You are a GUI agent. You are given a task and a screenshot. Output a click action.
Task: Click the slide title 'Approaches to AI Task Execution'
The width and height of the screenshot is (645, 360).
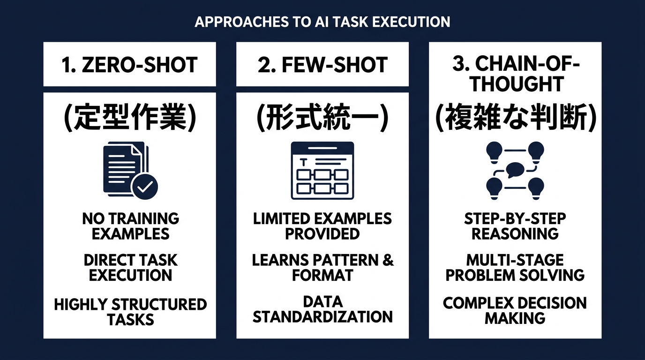[x=322, y=22]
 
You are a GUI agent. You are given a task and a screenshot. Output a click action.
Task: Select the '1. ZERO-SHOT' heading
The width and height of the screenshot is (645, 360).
[x=129, y=65]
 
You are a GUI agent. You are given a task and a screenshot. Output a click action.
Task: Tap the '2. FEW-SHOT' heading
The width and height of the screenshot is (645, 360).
[x=322, y=65]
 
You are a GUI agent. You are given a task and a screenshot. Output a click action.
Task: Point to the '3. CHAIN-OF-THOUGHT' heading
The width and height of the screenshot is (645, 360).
[x=516, y=73]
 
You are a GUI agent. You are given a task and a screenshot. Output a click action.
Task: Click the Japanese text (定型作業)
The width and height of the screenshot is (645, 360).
[x=130, y=118]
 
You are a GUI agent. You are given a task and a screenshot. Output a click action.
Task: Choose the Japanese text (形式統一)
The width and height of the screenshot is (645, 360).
[x=322, y=118]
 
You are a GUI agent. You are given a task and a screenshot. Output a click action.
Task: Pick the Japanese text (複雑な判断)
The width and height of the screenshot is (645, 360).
[x=516, y=118]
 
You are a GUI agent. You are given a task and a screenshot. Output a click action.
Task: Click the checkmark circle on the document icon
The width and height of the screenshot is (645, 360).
[x=144, y=187]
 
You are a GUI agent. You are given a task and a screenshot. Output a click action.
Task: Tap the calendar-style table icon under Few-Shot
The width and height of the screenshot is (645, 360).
[x=322, y=171]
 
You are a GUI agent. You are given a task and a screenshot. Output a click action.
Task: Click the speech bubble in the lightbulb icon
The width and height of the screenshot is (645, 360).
[x=515, y=170]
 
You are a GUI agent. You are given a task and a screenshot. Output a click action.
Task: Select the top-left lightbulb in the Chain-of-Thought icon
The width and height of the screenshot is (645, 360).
[x=494, y=153]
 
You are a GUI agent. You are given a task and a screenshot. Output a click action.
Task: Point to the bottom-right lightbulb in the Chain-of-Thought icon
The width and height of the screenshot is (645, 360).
[x=536, y=188]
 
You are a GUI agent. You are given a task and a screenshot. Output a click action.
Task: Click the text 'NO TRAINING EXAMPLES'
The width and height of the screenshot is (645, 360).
[x=130, y=226]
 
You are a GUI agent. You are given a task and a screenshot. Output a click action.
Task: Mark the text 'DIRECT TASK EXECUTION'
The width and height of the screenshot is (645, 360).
[x=130, y=268]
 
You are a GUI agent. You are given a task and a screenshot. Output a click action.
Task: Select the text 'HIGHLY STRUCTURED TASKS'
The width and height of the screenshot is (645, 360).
[x=130, y=312]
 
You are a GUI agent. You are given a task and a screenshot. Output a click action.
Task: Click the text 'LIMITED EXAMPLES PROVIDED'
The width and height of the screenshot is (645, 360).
[x=322, y=226]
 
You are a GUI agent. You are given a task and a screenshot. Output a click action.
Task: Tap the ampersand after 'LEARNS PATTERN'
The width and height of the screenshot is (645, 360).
[x=388, y=260]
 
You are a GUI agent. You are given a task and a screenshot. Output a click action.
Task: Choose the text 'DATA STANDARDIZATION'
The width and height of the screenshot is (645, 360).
[x=322, y=309]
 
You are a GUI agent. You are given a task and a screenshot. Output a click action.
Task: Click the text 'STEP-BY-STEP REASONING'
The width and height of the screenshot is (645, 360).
[x=515, y=226]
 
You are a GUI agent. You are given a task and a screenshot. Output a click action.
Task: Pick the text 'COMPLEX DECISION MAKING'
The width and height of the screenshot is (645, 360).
[x=515, y=311]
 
